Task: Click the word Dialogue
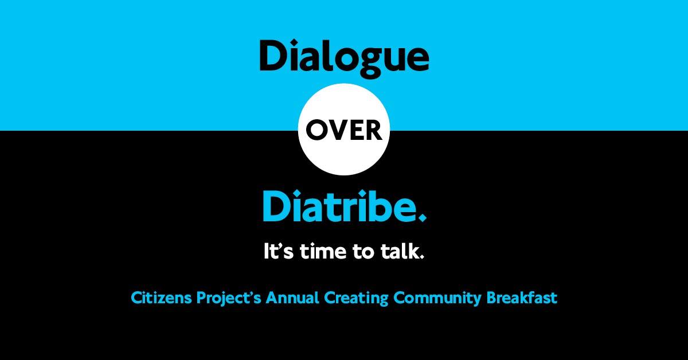tap(344, 58)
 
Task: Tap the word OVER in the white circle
tap(344, 130)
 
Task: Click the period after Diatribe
tap(423, 217)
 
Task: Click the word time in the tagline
tap(323, 251)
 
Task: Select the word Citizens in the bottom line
tap(161, 298)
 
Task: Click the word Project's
tap(229, 298)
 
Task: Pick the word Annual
tap(292, 298)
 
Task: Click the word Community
tap(437, 298)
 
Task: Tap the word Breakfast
tap(522, 298)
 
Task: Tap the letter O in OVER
tap(316, 130)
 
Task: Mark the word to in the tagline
tap(363, 252)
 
